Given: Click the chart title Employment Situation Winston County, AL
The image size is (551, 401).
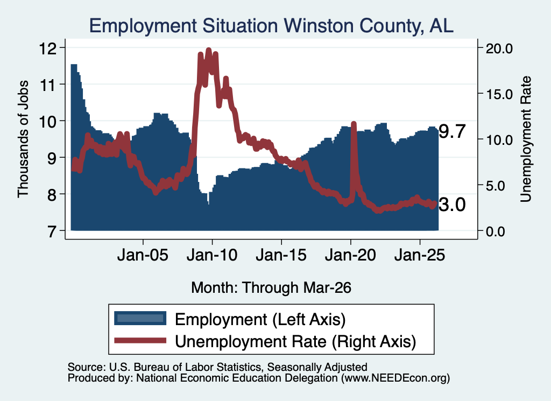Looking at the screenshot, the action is pyautogui.click(x=271, y=26).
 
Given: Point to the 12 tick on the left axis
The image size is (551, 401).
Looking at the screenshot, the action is pyautogui.click(x=47, y=48).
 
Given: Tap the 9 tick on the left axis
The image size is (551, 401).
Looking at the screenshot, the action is pyautogui.click(x=52, y=158).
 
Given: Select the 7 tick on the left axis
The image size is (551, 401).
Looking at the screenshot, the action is pyautogui.click(x=52, y=231).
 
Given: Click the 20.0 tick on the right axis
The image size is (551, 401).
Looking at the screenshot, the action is pyautogui.click(x=499, y=48).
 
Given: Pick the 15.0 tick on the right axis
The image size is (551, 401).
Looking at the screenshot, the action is pyautogui.click(x=499, y=94).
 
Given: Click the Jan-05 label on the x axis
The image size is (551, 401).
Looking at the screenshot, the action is pyautogui.click(x=143, y=255).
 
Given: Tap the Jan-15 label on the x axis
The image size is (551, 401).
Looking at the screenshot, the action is pyautogui.click(x=281, y=255).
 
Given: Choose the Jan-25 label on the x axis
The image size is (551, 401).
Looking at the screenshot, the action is pyautogui.click(x=420, y=255).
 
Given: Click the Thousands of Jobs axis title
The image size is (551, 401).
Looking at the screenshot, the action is pyautogui.click(x=23, y=139).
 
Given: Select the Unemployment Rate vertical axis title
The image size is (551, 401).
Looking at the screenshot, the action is pyautogui.click(x=526, y=139).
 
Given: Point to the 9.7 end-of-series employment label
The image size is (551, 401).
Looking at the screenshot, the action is pyautogui.click(x=452, y=132).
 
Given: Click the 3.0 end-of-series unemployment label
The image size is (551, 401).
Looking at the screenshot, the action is pyautogui.click(x=452, y=205).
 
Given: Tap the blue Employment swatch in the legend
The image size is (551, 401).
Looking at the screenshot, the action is pyautogui.click(x=140, y=319).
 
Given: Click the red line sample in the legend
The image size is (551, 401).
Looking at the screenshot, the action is pyautogui.click(x=140, y=340).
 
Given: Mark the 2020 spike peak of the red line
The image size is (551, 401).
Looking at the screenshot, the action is pyautogui.click(x=354, y=124).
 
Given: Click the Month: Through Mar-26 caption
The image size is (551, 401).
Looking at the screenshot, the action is pyautogui.click(x=271, y=287).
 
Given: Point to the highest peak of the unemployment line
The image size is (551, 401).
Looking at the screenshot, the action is pyautogui.click(x=208, y=50).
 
